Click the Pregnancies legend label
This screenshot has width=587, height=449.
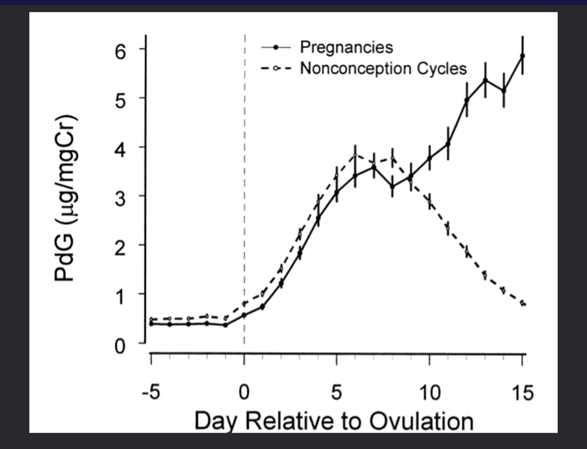[346, 47]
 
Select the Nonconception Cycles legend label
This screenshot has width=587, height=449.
[383, 69]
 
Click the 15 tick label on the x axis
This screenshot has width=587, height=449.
[522, 392]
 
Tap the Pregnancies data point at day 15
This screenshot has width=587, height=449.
[522, 56]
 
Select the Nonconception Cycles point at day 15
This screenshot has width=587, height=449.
[523, 303]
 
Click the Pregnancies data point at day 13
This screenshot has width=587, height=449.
[485, 80]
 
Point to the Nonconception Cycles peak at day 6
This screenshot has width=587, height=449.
[355, 155]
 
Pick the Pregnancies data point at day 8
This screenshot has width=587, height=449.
[392, 186]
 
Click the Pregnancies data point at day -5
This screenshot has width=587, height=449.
[151, 324]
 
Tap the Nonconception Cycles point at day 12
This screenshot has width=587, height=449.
[466, 251]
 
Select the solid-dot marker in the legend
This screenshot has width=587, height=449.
[276, 48]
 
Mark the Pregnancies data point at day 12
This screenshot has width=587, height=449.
[466, 100]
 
